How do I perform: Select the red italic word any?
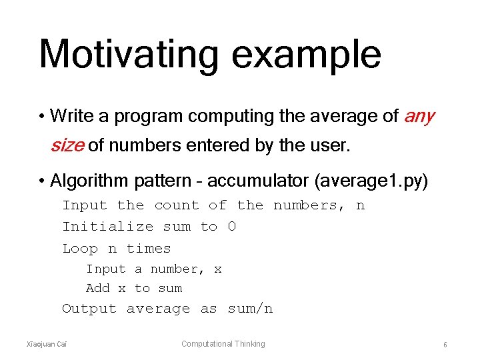419,117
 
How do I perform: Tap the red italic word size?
67,145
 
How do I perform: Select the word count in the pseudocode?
177,205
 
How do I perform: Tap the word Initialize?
108,227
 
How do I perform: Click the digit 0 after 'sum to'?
231,227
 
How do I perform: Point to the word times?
149,249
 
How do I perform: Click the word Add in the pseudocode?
98,288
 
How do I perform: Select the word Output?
89,309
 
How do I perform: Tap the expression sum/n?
250,309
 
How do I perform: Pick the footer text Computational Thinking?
223,344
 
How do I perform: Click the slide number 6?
445,345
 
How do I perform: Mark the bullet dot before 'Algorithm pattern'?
42,181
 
